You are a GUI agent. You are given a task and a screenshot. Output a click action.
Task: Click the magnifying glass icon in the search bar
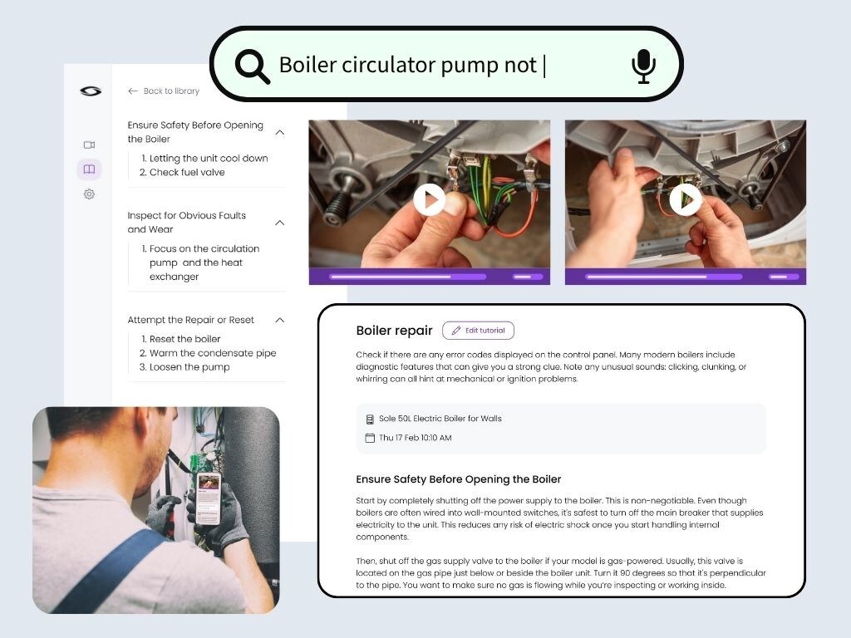253,66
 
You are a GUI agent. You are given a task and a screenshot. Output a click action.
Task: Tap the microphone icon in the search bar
644,66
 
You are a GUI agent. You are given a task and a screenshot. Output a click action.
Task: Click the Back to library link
164,91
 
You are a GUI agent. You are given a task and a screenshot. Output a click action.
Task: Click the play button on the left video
430,199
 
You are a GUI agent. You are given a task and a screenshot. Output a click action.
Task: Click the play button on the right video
686,199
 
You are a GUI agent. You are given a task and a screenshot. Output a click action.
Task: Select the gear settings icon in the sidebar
90,194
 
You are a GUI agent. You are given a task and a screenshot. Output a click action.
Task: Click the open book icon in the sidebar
90,169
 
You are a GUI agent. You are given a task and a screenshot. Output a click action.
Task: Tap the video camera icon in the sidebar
90,145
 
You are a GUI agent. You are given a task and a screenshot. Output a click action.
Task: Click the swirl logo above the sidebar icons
91,91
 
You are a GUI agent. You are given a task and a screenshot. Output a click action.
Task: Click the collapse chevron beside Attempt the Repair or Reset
280,320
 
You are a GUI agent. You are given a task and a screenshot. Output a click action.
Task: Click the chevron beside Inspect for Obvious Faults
280,223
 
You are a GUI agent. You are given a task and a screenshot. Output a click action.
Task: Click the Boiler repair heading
394,331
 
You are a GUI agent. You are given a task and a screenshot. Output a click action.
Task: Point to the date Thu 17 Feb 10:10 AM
416,438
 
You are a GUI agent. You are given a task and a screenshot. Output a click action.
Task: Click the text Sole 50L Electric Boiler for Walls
440,419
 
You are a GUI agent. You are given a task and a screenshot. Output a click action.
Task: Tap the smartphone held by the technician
209,499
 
